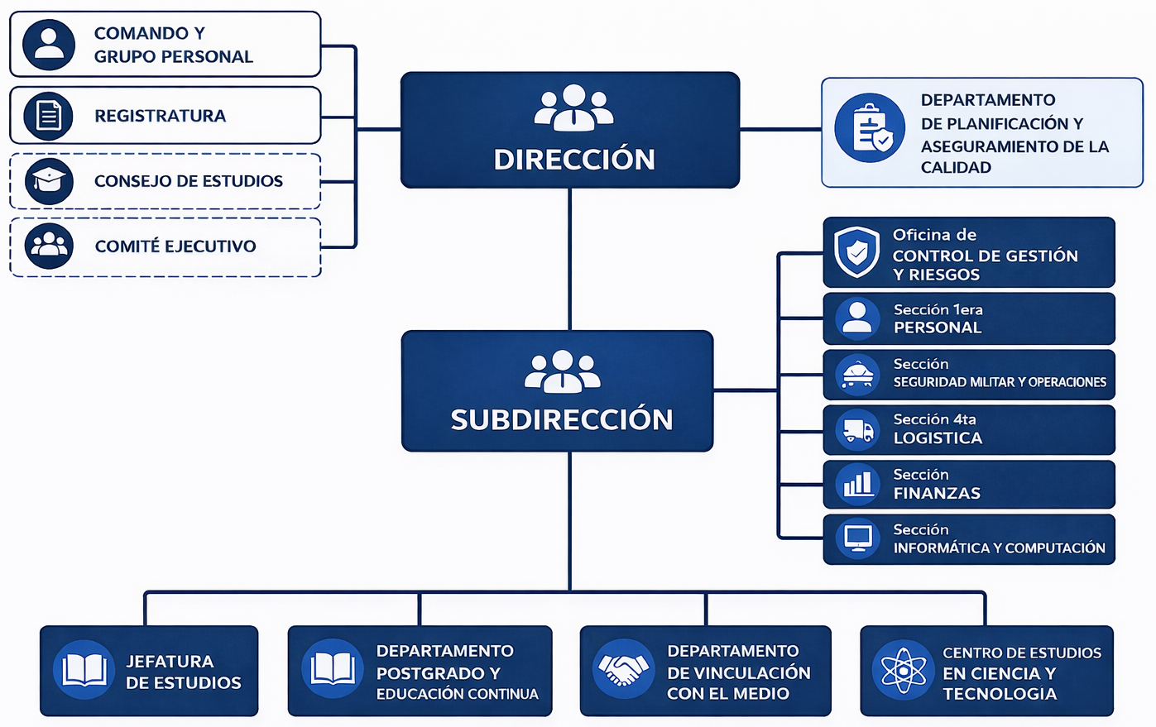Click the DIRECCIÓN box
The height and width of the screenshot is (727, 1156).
[x=569, y=130]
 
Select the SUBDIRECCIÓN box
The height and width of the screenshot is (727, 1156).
[x=557, y=390]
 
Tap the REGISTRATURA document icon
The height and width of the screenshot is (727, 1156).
[x=49, y=115]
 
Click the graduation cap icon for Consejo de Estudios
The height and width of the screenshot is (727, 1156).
[x=49, y=180]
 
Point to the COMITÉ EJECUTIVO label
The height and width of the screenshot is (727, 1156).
[x=175, y=246]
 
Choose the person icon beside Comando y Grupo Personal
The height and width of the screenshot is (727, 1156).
[x=49, y=44]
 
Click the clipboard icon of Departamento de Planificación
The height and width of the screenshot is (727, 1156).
[x=870, y=128]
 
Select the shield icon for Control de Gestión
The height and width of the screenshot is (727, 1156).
[x=856, y=251]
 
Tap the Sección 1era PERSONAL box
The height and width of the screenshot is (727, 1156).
[x=968, y=318]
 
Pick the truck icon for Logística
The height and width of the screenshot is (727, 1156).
[x=857, y=430]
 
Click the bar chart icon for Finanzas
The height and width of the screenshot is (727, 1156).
[x=857, y=484]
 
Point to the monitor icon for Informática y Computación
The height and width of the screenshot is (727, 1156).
[x=857, y=538]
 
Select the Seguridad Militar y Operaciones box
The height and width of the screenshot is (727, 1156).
[x=968, y=374]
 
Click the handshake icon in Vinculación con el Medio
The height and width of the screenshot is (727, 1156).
[x=623, y=669]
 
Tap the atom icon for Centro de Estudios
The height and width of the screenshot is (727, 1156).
[x=903, y=670]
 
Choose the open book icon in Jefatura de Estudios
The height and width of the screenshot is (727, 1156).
[x=84, y=670]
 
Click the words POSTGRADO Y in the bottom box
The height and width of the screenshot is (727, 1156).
[x=438, y=673]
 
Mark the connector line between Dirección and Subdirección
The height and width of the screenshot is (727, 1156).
[x=569, y=259]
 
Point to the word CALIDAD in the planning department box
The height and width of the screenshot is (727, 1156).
[x=956, y=168]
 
